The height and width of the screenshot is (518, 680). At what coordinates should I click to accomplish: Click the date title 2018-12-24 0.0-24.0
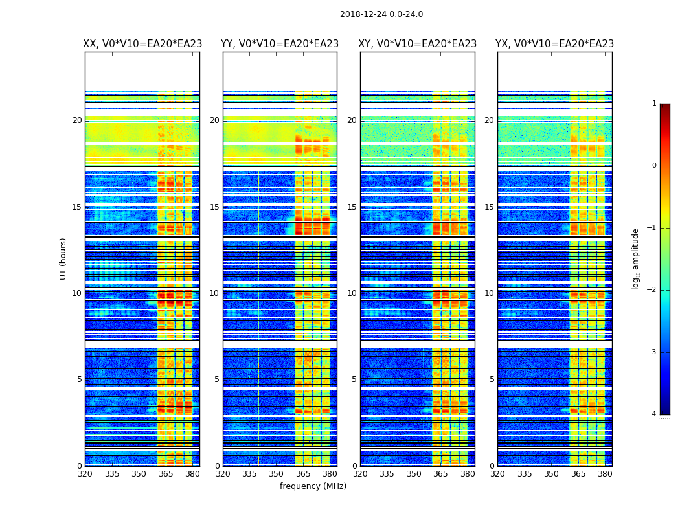coord(381,14)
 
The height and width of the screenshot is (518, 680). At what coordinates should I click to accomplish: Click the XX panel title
coord(142,44)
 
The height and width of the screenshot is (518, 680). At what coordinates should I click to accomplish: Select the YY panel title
coord(280,44)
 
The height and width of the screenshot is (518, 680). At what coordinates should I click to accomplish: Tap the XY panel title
coord(418,44)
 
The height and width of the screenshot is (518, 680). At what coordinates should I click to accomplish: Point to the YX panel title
coord(554,44)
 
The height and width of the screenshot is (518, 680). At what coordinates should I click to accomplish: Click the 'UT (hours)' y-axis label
coord(63,258)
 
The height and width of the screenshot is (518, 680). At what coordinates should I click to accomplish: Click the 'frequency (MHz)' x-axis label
coord(313,486)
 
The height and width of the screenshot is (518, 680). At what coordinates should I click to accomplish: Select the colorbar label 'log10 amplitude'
coord(636,258)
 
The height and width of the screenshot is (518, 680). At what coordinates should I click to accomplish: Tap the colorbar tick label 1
coord(654,104)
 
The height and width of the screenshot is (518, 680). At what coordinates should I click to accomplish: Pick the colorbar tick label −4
coord(652,414)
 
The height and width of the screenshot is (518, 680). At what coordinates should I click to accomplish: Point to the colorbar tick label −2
coord(652,290)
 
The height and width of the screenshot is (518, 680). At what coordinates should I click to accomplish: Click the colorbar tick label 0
coord(654,166)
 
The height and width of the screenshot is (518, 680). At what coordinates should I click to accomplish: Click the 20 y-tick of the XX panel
coord(77,120)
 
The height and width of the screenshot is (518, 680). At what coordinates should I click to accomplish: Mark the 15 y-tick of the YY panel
coord(214,207)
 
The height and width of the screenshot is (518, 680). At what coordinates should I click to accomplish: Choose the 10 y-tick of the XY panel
coord(352,293)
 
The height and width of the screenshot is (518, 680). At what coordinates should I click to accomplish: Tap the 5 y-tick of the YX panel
coord(492,379)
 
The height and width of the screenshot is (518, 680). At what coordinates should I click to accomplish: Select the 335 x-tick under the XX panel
coord(112,474)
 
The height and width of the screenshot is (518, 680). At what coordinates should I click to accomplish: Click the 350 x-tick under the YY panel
coord(277,474)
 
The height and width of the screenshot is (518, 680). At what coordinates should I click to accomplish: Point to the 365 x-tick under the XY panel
coord(441,474)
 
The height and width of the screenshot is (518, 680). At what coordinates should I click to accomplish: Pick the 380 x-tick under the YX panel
coord(605,474)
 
